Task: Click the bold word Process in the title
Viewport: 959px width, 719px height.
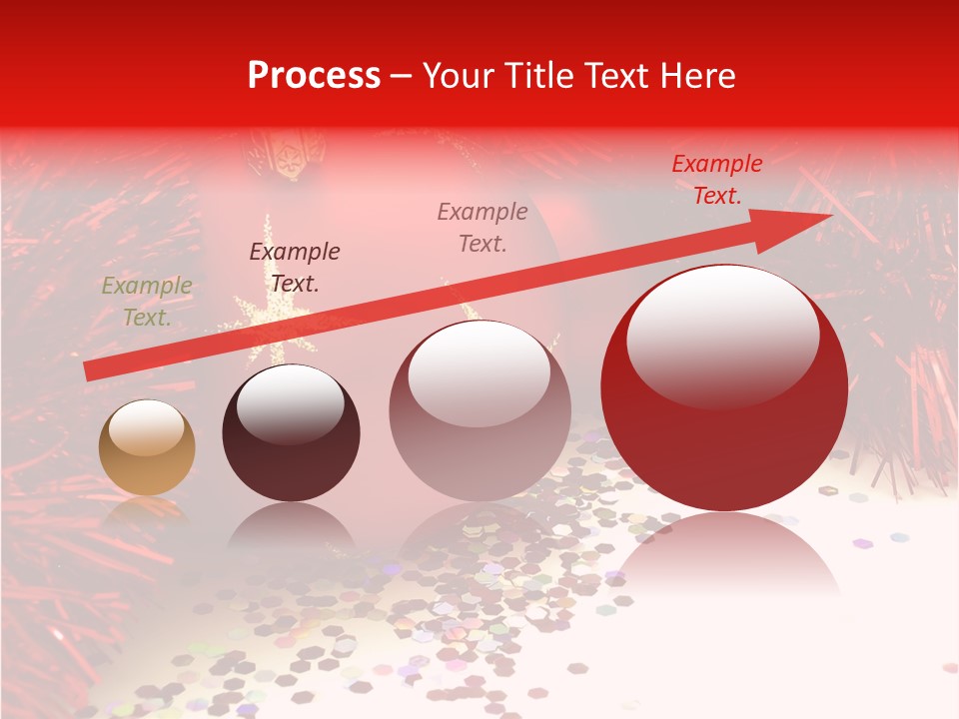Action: coord(314,75)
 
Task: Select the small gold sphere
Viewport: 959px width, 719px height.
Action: coord(147,447)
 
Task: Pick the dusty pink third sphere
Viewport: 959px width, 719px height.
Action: coord(479,410)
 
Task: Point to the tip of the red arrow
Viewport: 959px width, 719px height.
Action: coord(829,216)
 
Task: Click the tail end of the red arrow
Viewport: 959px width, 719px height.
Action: coord(88,370)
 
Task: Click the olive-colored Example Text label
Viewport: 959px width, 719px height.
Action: coord(147,302)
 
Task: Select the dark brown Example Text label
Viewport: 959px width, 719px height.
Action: coord(295,268)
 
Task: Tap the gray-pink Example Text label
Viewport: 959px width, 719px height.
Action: coord(482,227)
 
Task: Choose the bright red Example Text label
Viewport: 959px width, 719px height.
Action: coord(717,180)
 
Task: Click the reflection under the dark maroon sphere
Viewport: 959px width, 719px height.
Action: coord(290,529)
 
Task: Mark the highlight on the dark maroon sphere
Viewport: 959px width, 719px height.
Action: coord(290,403)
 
